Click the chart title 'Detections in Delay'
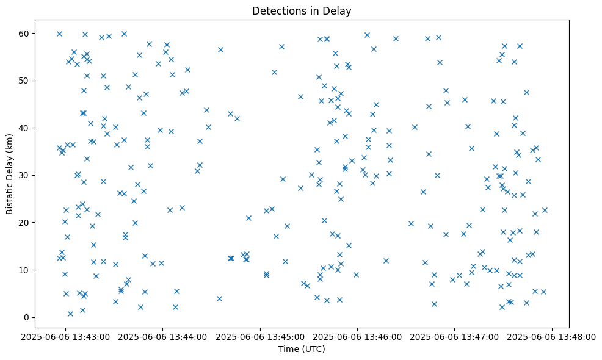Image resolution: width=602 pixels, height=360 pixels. [x=302, y=10]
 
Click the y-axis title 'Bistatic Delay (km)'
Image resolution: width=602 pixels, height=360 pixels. [x=10, y=175]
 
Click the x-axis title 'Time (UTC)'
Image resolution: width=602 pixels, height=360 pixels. [x=302, y=349]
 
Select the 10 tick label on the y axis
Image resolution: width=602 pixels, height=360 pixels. [x=25, y=270]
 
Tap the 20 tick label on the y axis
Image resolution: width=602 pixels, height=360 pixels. [x=25, y=223]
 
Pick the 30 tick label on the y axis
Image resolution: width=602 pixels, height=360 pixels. [x=25, y=175]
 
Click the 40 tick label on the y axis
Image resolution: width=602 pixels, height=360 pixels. [x=25, y=128]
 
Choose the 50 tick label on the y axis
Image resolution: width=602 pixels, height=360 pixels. [x=25, y=81]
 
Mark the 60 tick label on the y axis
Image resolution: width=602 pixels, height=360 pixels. [x=25, y=33]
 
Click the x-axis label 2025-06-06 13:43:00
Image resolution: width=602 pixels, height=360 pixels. [x=65, y=336]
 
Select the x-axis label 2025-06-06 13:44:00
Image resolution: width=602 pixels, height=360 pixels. [x=162, y=336]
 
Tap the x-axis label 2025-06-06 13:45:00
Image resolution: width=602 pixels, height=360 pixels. [x=260, y=336]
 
